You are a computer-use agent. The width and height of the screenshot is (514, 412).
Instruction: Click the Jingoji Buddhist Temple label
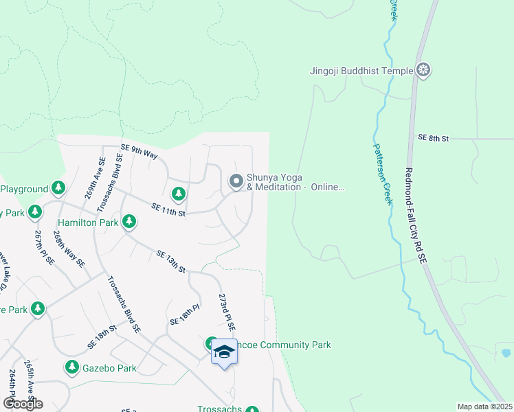coord(361,70)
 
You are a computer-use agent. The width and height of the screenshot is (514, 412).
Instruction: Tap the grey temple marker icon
coord(425,70)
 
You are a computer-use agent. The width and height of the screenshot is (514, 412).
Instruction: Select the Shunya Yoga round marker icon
coord(236,181)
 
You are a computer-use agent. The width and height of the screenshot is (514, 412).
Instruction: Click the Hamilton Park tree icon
coord(128,222)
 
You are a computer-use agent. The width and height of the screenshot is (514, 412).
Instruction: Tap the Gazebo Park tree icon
coord(72,368)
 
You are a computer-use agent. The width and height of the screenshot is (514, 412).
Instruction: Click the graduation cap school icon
coord(224,352)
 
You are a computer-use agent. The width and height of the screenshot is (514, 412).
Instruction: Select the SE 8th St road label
coord(433,138)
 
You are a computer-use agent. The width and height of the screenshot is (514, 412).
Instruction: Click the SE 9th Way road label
coord(139,151)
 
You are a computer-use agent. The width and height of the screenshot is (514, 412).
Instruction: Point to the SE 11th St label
coord(168,210)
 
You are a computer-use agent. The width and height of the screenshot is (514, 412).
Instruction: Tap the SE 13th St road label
coord(171,262)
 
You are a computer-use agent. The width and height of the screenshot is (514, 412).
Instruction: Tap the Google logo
coord(23,404)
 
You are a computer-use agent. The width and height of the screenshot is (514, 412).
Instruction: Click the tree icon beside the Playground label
coord(58,188)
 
